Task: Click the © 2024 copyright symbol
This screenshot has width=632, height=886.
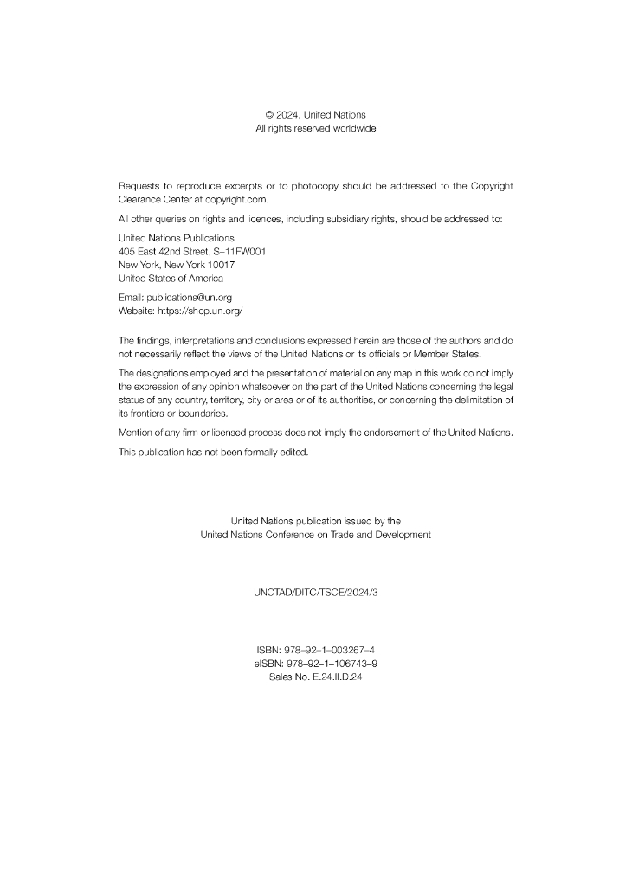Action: (x=269, y=115)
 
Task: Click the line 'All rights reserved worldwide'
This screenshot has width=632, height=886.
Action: (x=315, y=129)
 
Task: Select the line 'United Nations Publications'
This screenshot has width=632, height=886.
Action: (x=176, y=238)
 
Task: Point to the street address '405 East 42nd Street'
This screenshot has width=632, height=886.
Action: (x=162, y=251)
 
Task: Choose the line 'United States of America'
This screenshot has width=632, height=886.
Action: (x=171, y=279)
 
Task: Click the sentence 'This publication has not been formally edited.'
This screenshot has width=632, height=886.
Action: (x=213, y=453)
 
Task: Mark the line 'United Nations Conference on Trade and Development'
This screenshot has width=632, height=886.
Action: (x=315, y=535)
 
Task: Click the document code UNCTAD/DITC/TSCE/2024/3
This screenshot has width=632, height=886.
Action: (x=316, y=594)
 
